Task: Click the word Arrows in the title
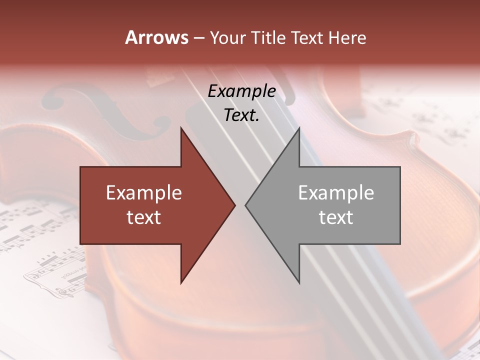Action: pos(157,37)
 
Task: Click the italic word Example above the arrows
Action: pos(241,91)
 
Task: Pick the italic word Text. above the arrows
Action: pos(241,115)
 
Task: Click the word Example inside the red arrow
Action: pos(144,193)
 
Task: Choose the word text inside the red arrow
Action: pos(144,217)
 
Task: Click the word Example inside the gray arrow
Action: pos(336,193)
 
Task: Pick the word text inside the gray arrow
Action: pos(336,217)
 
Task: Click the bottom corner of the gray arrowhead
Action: pos(299,283)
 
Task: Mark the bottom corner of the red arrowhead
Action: pos(181,283)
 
